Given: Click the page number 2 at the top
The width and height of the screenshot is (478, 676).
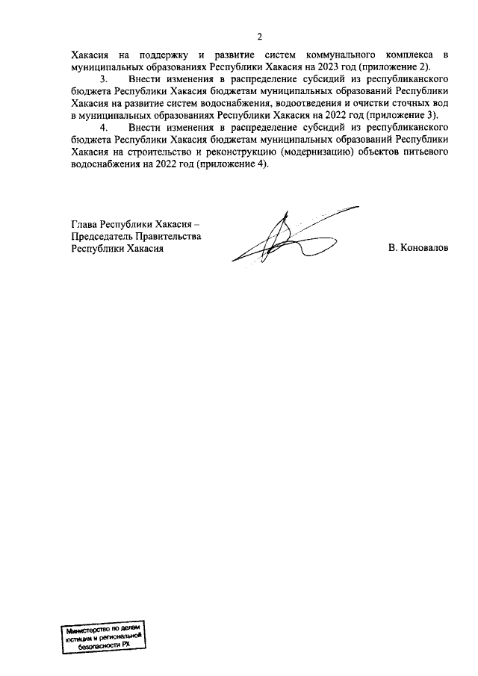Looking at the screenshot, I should (x=259, y=37).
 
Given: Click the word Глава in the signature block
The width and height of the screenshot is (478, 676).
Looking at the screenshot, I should (x=84, y=223).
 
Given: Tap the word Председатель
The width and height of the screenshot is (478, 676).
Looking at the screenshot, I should (x=101, y=236).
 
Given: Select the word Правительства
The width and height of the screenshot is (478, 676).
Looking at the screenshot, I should (x=169, y=236).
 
